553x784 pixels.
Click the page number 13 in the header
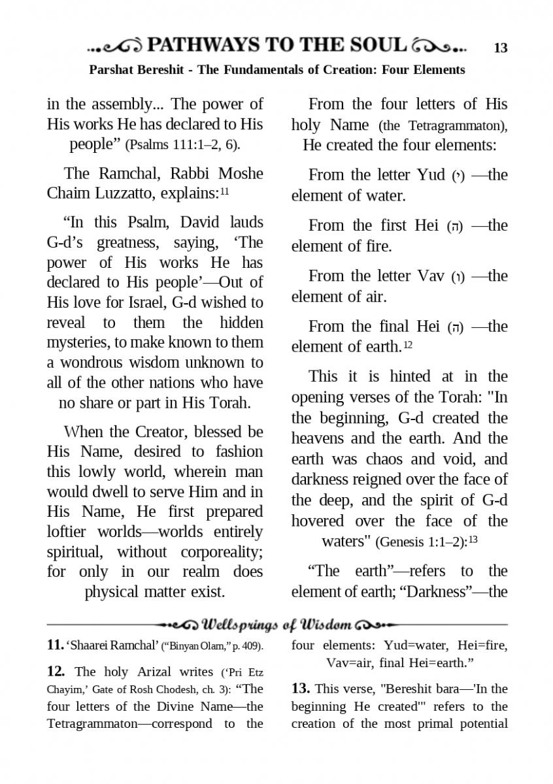click(501, 47)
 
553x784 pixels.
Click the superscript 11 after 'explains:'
click(224, 191)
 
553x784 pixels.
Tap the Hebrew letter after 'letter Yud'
click(458, 176)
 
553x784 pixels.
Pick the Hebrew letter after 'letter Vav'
click(458, 276)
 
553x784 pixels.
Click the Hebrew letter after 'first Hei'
click(454, 227)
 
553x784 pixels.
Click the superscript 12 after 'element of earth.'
click(408, 344)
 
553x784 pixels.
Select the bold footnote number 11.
click(55, 645)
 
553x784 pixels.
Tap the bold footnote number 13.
click(300, 689)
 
